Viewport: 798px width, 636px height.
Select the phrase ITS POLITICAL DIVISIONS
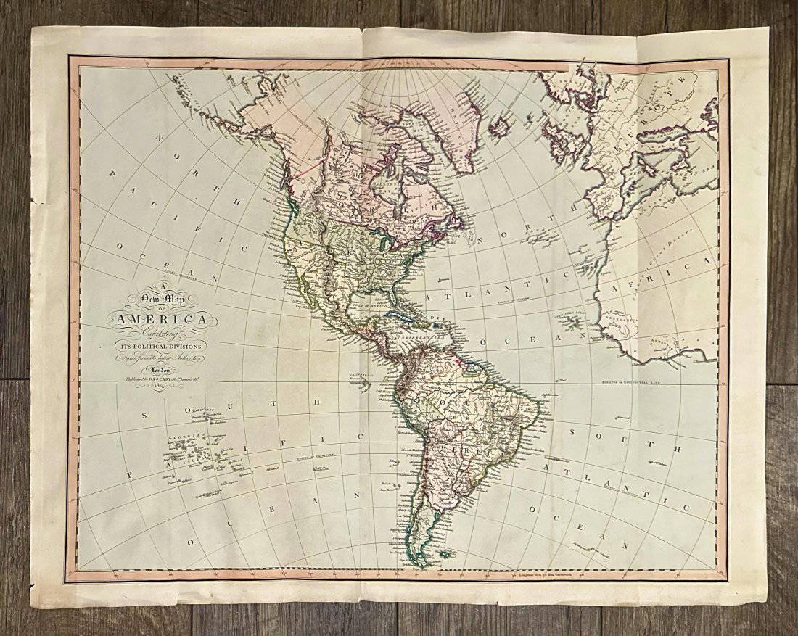(156, 345)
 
